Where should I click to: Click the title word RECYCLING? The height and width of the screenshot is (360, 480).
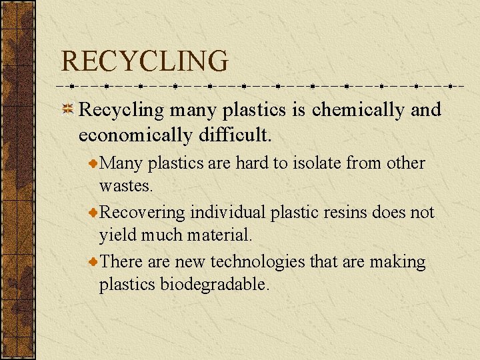coord(144,61)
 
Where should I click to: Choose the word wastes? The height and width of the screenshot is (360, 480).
coord(125,185)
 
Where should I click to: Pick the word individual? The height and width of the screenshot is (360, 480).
coord(227,213)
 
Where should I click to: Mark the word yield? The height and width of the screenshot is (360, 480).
coord(115,235)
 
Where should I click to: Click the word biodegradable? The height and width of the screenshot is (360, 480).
coord(215,285)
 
